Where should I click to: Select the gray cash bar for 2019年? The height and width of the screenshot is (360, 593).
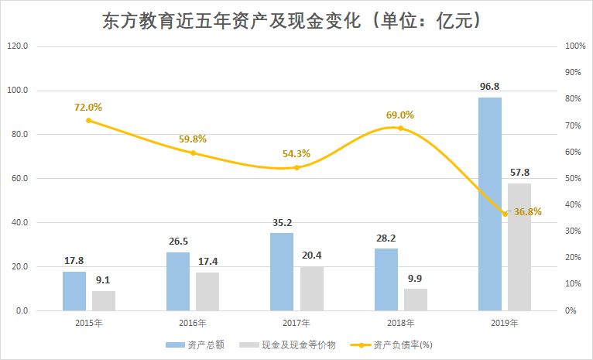pos(519,247)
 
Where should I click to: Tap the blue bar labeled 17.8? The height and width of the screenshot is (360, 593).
pos(74,291)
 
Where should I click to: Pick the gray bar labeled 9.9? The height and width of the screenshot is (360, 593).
pos(416,300)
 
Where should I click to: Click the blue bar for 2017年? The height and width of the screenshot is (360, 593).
pos(283,272)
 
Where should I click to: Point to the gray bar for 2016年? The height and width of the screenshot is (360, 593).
pos(207,291)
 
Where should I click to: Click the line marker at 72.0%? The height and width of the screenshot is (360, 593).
pos(89,120)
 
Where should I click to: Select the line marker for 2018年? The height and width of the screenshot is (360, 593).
pos(401,128)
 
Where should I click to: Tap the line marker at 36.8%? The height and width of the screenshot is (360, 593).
pos(505,213)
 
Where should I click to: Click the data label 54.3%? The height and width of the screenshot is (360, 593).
pos(296,154)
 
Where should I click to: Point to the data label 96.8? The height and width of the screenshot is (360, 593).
pos(489,86)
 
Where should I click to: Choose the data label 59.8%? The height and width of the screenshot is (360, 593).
pos(193,139)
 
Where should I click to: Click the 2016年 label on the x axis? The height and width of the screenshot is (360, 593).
pos(193,323)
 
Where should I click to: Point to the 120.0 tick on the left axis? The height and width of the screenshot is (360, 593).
pos(17,46)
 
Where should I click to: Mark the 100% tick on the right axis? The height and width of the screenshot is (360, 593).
pos(574,46)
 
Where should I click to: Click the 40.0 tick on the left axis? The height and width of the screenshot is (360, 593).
pos(17,223)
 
